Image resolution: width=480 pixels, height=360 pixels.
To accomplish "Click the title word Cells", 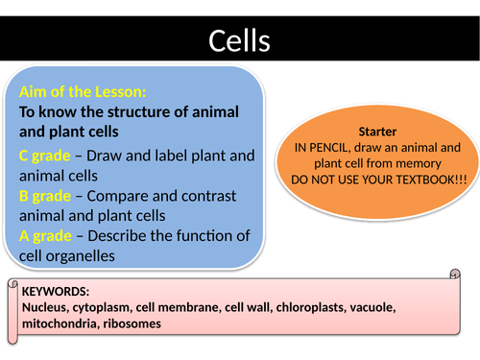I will pos(239,40).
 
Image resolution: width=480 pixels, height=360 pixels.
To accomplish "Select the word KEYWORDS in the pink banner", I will pos(55,290).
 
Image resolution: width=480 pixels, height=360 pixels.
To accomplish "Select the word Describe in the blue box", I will pos(132,235).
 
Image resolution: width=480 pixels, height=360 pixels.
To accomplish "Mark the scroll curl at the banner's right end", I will pos(453,275).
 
